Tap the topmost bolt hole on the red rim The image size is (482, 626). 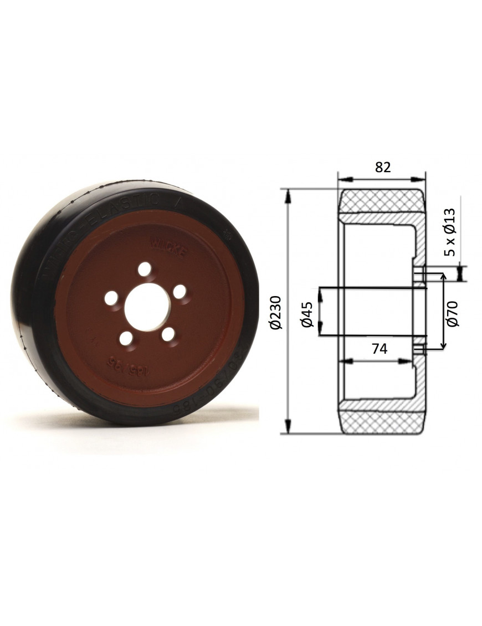click(x=145, y=270)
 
